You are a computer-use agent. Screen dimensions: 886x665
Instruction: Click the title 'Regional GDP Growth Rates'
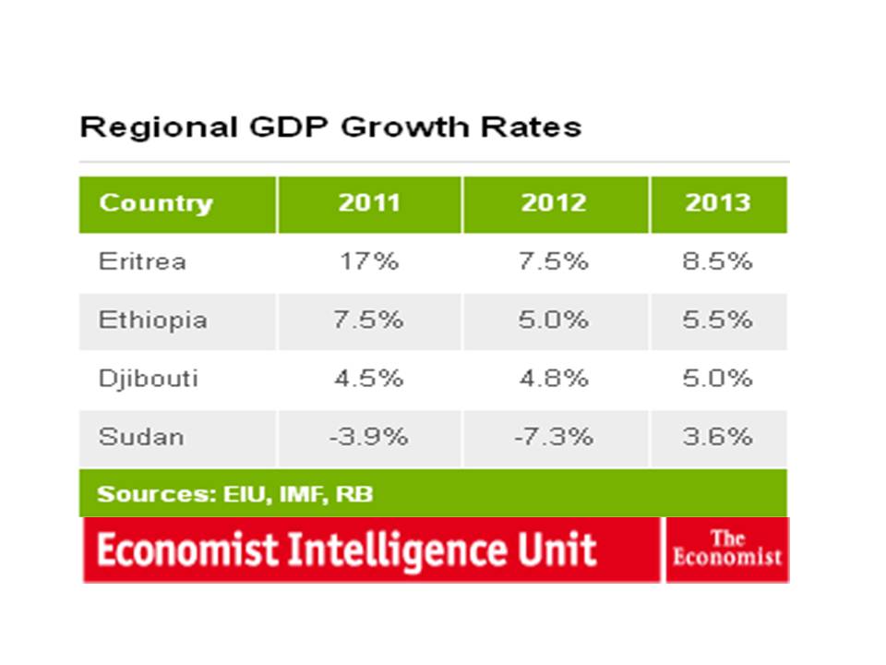tap(330, 127)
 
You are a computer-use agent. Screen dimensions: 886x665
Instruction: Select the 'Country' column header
tap(156, 203)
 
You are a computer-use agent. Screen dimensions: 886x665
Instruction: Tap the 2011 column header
tap(369, 202)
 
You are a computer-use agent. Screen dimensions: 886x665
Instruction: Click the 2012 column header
tap(554, 202)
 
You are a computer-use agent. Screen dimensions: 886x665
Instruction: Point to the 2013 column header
tap(718, 202)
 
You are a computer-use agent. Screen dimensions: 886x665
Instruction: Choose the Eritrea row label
tap(142, 261)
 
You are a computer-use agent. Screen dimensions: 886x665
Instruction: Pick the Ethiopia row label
tap(152, 320)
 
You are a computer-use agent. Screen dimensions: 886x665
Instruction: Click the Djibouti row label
tap(148, 379)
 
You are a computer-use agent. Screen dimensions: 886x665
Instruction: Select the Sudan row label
tap(141, 437)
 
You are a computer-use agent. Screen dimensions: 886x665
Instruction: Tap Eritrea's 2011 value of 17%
tap(369, 261)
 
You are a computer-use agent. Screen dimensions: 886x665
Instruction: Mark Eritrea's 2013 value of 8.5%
tap(718, 261)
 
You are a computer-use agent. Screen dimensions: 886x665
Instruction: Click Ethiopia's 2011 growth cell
tap(368, 320)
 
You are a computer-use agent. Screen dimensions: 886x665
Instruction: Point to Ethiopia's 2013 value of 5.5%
tap(718, 320)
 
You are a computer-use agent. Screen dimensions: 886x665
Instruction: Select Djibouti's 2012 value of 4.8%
tap(554, 379)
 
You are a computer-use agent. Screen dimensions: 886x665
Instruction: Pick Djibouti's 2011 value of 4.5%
tap(368, 379)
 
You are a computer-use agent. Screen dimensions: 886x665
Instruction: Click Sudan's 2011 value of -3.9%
tap(368, 437)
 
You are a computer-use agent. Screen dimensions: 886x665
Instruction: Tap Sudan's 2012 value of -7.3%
tap(554, 437)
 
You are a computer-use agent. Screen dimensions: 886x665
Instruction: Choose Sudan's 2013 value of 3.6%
tap(718, 437)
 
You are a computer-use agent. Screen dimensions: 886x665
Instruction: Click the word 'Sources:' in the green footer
tap(157, 494)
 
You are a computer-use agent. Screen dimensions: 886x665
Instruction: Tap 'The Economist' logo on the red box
tap(727, 548)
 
